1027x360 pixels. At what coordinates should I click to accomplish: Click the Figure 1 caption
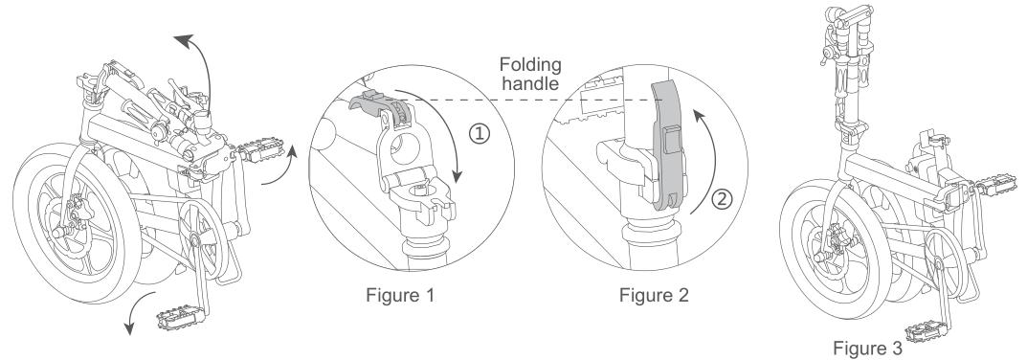tap(400, 295)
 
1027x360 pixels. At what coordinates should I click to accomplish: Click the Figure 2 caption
tap(655, 295)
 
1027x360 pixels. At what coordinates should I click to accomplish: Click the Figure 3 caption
tap(867, 348)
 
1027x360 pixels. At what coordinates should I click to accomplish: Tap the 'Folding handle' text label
tap(530, 74)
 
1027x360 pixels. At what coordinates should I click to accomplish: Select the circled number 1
tap(480, 134)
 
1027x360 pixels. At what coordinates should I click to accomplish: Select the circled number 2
tap(722, 199)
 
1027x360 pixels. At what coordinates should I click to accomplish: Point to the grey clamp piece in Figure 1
tap(381, 105)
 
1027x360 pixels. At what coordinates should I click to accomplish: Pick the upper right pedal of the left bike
tap(261, 153)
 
